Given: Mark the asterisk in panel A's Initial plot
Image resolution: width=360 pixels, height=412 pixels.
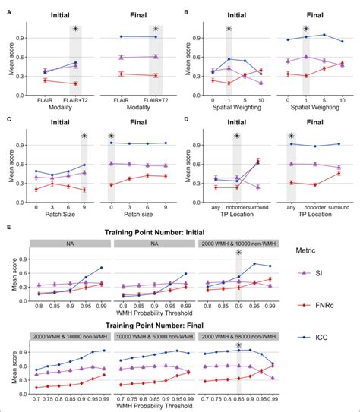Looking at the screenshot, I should point(75,30).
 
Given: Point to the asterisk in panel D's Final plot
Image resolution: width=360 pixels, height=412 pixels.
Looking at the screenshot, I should point(290,137).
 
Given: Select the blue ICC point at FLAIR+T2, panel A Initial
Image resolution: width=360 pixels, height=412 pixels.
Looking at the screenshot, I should point(75,63).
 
